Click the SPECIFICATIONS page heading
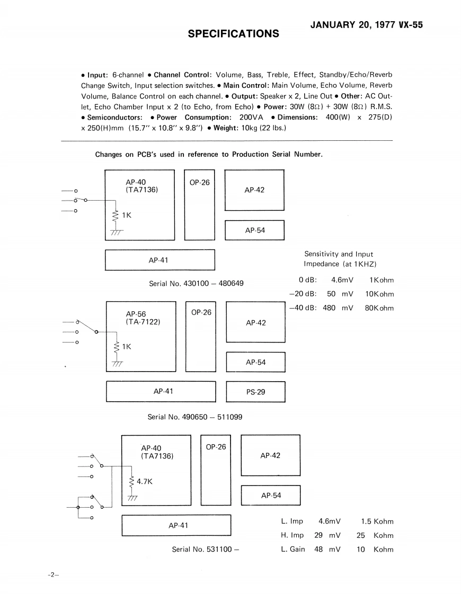point(234,34)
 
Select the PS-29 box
point(255,392)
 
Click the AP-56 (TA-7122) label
point(143,318)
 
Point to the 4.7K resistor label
point(145,482)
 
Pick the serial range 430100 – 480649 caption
point(196,283)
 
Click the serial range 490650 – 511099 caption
point(195,417)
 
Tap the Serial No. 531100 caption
point(206,550)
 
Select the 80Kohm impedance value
point(379,308)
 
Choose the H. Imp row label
point(292,535)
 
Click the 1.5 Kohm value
point(377,521)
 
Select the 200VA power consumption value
point(251,117)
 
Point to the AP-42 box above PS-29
point(256,322)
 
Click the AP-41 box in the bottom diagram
point(176,525)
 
